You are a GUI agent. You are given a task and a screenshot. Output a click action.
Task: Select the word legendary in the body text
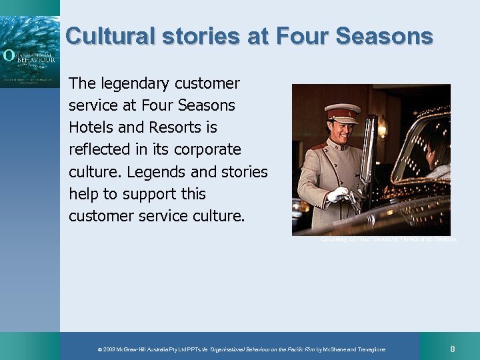pyautogui.click(x=135, y=83)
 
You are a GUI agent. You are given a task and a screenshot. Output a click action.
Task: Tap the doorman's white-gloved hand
pyautogui.click(x=338, y=195)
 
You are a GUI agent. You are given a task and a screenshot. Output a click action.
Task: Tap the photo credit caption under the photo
pyautogui.click(x=388, y=239)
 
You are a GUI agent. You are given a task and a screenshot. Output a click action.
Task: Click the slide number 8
pyautogui.click(x=453, y=349)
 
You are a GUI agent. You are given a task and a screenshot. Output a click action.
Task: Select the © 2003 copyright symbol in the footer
pyautogui.click(x=99, y=350)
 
